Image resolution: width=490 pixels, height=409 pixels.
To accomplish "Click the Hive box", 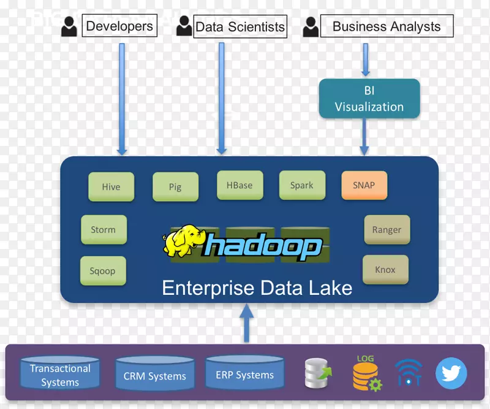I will [111, 186].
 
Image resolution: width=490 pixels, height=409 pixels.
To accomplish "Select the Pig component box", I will [175, 186].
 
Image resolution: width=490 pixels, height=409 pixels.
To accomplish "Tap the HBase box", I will [239, 185].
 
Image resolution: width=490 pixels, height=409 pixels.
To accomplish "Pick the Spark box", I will [301, 185].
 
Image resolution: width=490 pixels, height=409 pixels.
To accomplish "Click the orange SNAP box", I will [364, 185].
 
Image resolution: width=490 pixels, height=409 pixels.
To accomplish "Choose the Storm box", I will [104, 230].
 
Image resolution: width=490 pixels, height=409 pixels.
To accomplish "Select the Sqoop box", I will [103, 271].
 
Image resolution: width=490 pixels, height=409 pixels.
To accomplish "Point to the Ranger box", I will [386, 230].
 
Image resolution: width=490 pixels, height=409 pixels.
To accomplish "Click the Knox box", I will [385, 270].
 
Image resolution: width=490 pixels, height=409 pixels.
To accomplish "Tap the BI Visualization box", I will [369, 99].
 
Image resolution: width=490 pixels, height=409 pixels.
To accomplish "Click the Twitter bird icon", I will [451, 373].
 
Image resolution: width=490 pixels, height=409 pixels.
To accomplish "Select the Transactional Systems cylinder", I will [60, 375].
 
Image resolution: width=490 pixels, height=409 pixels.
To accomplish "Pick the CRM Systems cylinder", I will [155, 376].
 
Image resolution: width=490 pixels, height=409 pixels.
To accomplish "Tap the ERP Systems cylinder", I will [245, 375].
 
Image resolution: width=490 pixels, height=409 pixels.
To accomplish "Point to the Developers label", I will [119, 26].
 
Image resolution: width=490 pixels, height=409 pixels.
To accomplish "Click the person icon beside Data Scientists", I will [184, 26].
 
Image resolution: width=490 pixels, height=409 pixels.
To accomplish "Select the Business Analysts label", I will [386, 27].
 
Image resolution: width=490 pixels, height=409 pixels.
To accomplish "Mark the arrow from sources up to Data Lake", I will [246, 324].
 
